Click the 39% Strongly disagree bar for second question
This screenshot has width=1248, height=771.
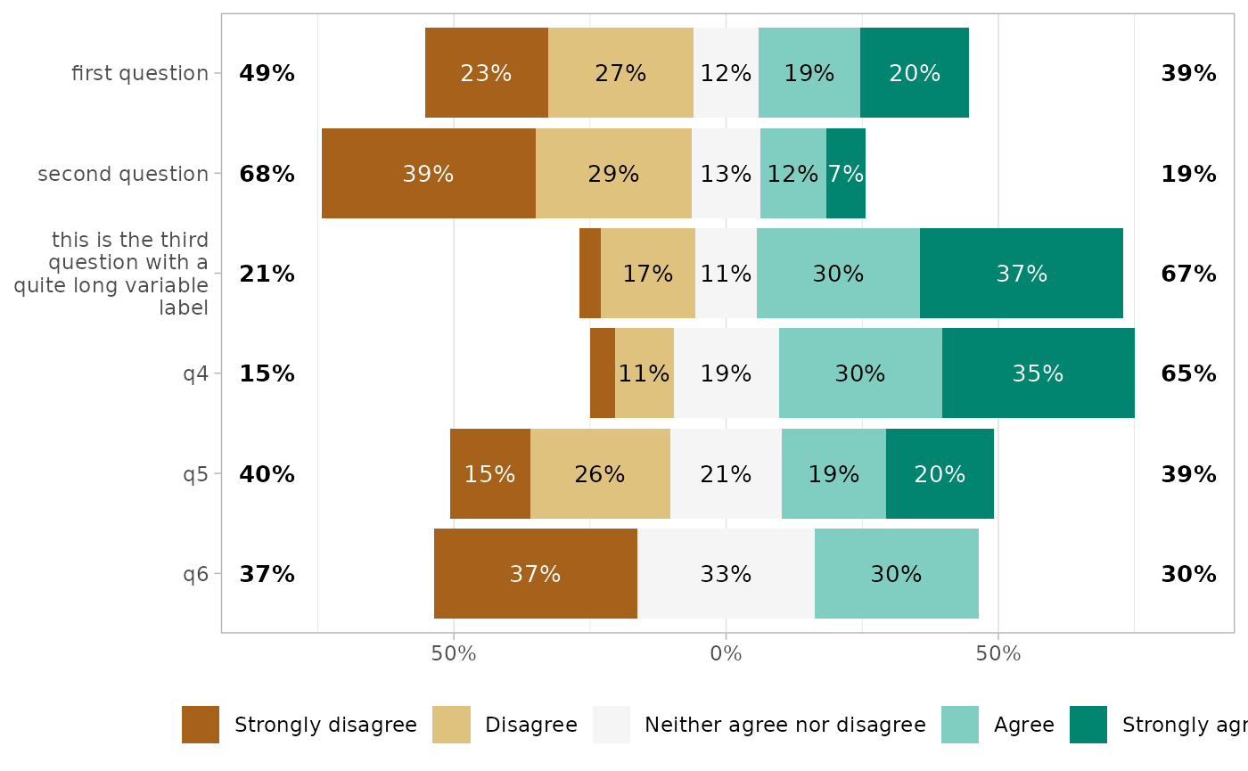tap(428, 174)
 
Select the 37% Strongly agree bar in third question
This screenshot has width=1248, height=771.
tap(1021, 274)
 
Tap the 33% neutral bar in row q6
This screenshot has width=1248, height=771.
tap(726, 574)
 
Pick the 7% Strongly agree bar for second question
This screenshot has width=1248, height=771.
tap(845, 174)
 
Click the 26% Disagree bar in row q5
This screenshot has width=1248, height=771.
tap(600, 474)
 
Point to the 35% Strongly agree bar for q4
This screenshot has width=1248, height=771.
tap(1038, 373)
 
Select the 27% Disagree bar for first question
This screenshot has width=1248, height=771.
tap(620, 73)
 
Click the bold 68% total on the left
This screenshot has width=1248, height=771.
tap(267, 174)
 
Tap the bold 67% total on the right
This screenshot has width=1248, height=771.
tap(1188, 274)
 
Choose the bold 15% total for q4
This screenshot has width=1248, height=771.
tap(267, 373)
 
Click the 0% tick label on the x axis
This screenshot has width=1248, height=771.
tap(726, 653)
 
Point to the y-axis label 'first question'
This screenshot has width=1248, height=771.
tap(140, 73)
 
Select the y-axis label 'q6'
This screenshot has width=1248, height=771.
tap(195, 574)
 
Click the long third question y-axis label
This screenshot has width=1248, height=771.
tap(111, 274)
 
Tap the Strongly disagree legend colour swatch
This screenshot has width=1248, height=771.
tap(201, 725)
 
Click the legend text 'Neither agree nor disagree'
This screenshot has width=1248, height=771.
tap(784, 725)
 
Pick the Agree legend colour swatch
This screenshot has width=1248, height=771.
tap(960, 725)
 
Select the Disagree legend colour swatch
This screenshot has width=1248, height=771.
tap(451, 725)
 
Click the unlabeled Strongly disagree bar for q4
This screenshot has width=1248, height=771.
tap(603, 373)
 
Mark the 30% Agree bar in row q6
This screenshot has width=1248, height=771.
tap(896, 574)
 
